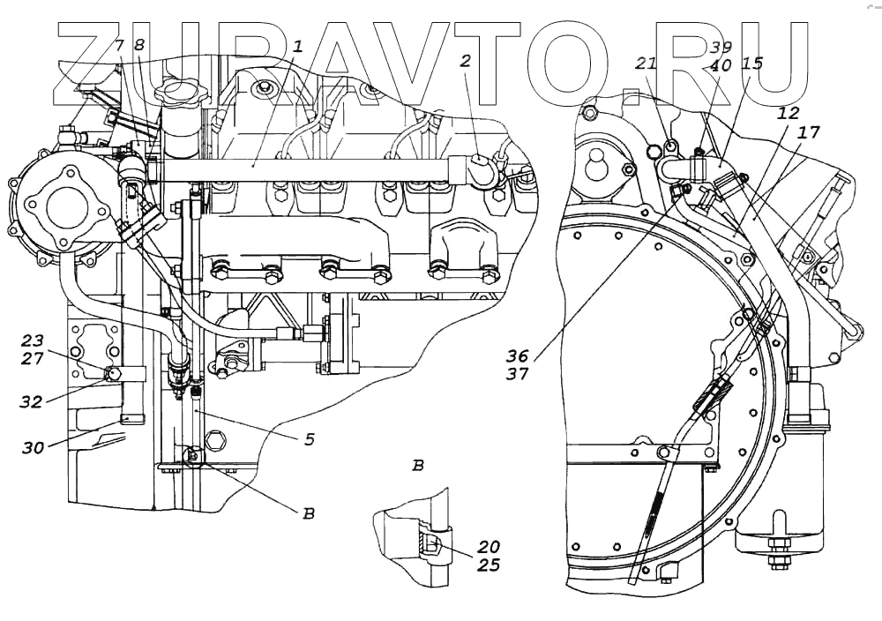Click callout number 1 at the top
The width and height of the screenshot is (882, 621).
tap(298, 46)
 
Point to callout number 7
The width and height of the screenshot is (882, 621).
tap(118, 45)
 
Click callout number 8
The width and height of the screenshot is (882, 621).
tap(138, 45)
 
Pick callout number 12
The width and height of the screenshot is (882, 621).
tap(788, 114)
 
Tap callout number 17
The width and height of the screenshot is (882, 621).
tap(809, 132)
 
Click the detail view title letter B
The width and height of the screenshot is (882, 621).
tap(418, 465)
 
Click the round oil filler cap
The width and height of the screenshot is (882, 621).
tap(178, 94)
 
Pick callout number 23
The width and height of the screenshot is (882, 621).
tap(33, 340)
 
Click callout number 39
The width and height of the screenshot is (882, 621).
tap(721, 48)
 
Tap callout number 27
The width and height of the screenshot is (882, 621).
tap(33, 358)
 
